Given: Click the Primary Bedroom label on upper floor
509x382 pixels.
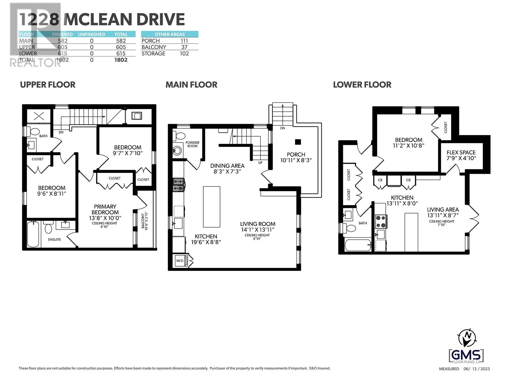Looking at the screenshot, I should [x=105, y=209].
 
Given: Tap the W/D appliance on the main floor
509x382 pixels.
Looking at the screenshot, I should [x=180, y=261].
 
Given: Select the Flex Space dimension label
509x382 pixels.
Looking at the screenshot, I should [x=461, y=158].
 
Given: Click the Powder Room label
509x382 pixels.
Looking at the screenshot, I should [x=192, y=144].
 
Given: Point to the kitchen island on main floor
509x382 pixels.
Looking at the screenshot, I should [x=212, y=207].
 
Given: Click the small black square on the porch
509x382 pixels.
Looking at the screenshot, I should [x=298, y=142].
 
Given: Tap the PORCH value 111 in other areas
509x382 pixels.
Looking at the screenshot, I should [x=184, y=41].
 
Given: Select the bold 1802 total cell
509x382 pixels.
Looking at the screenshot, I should [x=121, y=60].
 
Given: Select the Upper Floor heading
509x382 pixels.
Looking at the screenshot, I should [x=48, y=85].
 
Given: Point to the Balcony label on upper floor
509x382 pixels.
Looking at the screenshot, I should [x=143, y=220].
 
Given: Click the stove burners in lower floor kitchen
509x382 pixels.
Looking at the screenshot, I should [x=381, y=222].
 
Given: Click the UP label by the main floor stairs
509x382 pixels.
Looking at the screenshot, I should [x=260, y=163].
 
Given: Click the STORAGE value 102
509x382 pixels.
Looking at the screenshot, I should [x=184, y=53].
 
